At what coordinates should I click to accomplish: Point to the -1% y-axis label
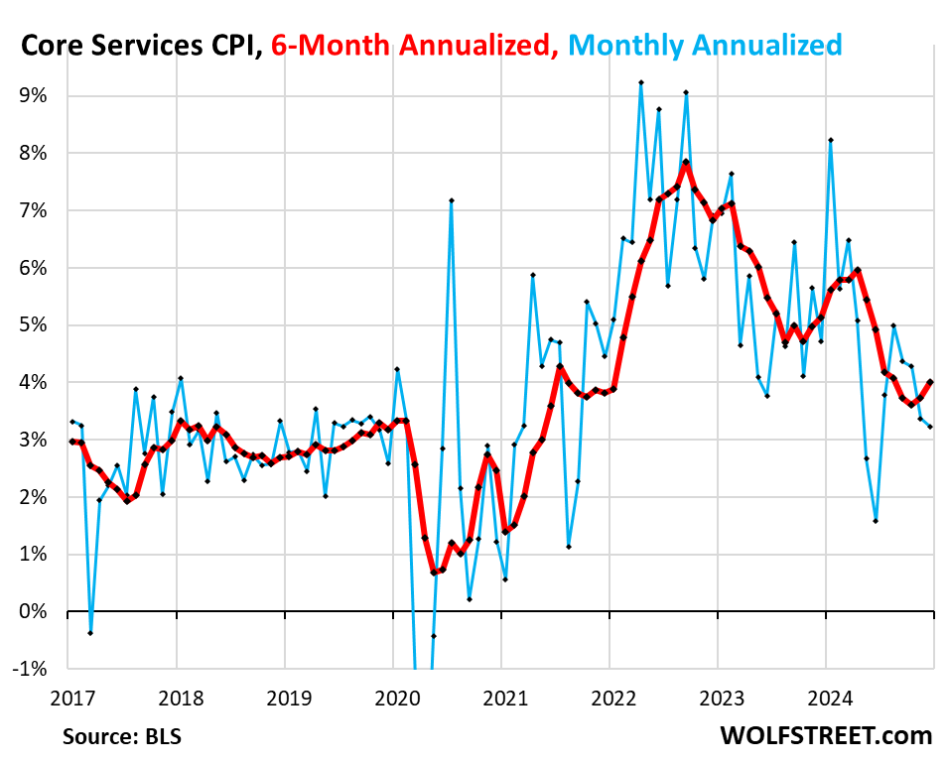[30, 669]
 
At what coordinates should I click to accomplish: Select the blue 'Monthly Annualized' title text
[707, 45]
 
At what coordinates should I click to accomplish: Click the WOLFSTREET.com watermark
[827, 735]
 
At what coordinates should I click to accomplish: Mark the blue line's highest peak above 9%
[641, 82]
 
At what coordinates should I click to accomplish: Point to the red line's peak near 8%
[686, 162]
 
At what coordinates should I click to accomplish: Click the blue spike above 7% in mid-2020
[452, 200]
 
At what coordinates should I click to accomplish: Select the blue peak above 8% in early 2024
[830, 140]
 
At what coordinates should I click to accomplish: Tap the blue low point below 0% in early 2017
[90, 633]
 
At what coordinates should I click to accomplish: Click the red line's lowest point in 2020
[434, 573]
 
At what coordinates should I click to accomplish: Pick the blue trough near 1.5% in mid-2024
[876, 520]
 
